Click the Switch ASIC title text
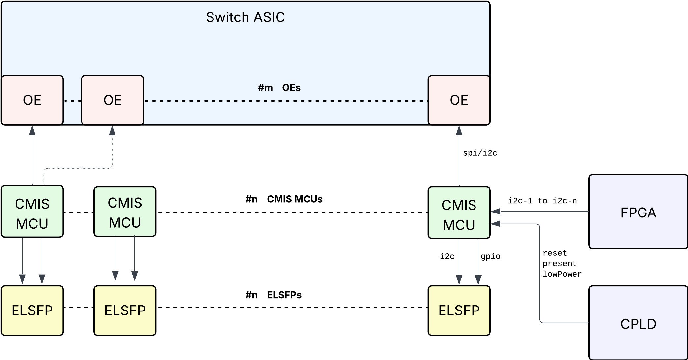click(x=245, y=17)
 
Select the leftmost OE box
click(x=32, y=100)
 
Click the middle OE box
click(x=113, y=100)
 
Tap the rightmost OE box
click(x=459, y=100)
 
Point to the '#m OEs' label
click(x=279, y=88)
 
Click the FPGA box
click(x=638, y=212)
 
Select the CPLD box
click(x=638, y=323)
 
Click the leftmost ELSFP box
click(x=32, y=311)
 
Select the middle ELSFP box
click(x=125, y=311)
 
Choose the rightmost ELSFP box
click(x=459, y=311)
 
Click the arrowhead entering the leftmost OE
click(x=32, y=131)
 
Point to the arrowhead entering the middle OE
click(x=112, y=131)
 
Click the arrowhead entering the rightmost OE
click(x=459, y=131)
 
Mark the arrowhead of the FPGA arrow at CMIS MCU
click(x=495, y=211)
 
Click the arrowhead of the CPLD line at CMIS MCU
click(x=495, y=224)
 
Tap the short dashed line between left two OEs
click(x=72, y=101)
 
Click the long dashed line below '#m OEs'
click(x=286, y=101)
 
